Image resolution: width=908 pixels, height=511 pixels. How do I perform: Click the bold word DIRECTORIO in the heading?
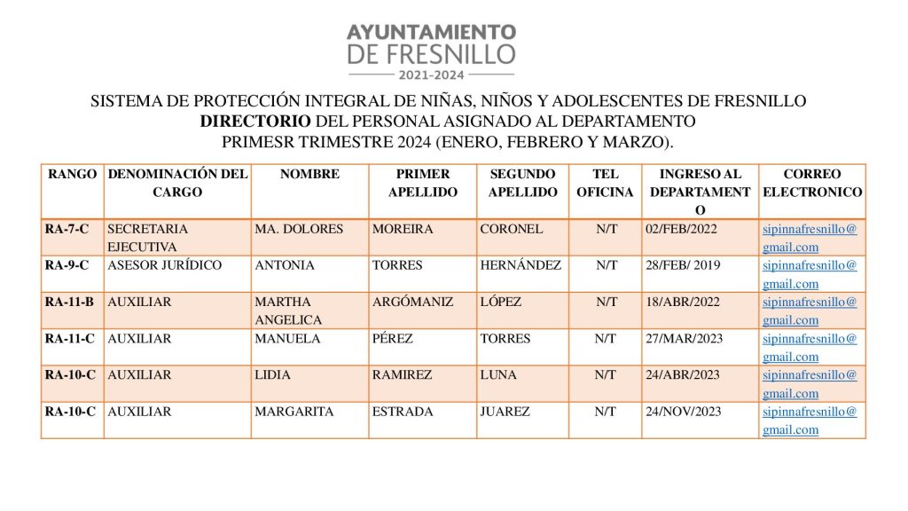tap(255, 122)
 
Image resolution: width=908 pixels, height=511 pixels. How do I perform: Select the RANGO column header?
tap(73, 175)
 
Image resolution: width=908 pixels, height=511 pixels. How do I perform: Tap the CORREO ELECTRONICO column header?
tap(812, 183)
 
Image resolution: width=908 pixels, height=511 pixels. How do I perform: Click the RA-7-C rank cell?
tap(67, 229)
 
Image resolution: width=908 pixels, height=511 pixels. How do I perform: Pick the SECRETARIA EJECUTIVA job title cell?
tap(147, 238)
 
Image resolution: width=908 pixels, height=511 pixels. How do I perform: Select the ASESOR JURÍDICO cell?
tap(165, 265)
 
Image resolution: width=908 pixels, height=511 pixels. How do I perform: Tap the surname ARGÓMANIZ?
tap(412, 302)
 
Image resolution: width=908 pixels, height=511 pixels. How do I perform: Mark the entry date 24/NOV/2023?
tap(684, 412)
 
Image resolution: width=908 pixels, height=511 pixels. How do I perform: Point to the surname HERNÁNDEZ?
tap(521, 265)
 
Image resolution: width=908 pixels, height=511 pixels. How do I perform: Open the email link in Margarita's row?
tap(810, 421)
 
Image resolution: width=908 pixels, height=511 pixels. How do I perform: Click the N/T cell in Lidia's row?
tap(607, 374)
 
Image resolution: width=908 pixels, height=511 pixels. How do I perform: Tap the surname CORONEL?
tap(512, 229)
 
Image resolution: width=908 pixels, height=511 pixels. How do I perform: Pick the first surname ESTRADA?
tap(403, 412)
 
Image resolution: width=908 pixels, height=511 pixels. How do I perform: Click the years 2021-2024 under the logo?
tap(431, 75)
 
